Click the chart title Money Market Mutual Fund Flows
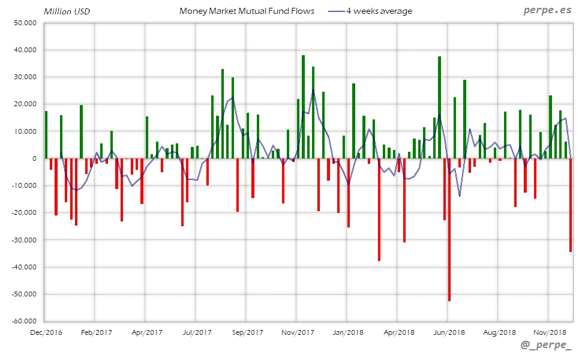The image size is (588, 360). (x=247, y=11)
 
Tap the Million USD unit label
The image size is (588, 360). (x=67, y=11)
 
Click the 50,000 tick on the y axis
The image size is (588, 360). (x=25, y=23)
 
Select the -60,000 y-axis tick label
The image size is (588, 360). (x=23, y=321)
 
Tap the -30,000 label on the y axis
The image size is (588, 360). (x=23, y=240)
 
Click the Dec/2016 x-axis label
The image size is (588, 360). (x=46, y=332)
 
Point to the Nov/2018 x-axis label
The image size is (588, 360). (x=550, y=332)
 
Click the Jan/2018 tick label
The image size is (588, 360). (x=348, y=332)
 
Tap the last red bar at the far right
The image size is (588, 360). (x=571, y=205)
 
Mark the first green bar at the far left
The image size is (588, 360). (x=46, y=135)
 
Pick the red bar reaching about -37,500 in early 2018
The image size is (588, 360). (x=379, y=209)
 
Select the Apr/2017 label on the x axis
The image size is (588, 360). (x=146, y=332)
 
